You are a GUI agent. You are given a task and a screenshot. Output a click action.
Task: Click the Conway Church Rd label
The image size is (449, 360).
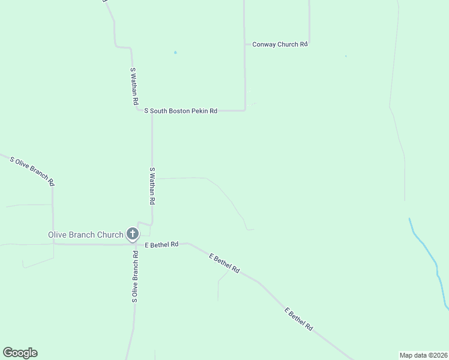click(x=280, y=44)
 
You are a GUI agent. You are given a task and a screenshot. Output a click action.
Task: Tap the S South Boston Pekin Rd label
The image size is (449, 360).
click(x=181, y=111)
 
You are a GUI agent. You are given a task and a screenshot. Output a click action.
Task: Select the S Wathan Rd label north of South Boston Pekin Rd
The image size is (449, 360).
click(x=134, y=88)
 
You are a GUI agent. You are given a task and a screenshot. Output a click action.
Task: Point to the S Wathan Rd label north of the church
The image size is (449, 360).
click(x=152, y=187)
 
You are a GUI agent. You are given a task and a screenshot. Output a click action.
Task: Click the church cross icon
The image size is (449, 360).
click(x=133, y=234)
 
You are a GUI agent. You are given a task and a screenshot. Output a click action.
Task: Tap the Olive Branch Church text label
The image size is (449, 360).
click(x=85, y=235)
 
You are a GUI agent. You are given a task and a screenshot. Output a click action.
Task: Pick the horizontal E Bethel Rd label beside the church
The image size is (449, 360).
click(x=161, y=244)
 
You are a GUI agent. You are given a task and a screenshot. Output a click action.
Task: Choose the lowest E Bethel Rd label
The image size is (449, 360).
click(x=299, y=320)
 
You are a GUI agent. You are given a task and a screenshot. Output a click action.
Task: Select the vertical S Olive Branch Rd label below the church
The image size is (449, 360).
click(x=135, y=275)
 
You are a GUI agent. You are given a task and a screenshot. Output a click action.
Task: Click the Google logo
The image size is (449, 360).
click(x=20, y=353)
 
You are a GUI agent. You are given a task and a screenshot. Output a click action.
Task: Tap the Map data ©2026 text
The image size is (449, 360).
click(x=424, y=355)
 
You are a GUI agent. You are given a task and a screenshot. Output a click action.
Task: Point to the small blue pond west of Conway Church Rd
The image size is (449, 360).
click(x=175, y=52)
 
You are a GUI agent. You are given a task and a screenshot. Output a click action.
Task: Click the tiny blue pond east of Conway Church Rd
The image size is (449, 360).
click(x=346, y=56)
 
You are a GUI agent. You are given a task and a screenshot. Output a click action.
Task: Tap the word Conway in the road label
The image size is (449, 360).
click(x=264, y=44)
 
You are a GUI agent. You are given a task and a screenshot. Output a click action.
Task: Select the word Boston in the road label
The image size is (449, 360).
click(x=178, y=111)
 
